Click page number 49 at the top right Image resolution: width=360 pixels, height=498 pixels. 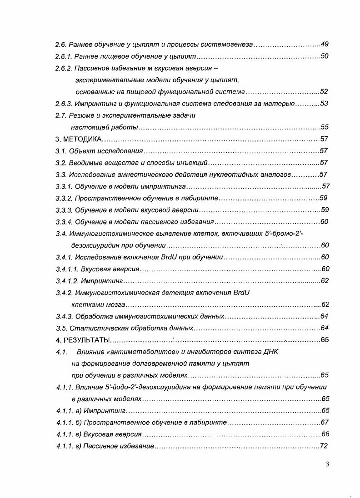324,45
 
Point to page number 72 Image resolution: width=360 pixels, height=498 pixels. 324,446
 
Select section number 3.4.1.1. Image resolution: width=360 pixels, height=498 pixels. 66,269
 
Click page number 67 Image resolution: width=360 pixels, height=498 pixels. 324,422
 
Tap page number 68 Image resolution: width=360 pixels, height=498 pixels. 325,434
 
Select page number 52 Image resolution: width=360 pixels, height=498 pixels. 324,92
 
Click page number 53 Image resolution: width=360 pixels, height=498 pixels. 324,104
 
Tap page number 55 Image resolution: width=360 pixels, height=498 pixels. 325,127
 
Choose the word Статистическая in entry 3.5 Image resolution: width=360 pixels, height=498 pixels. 94,328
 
